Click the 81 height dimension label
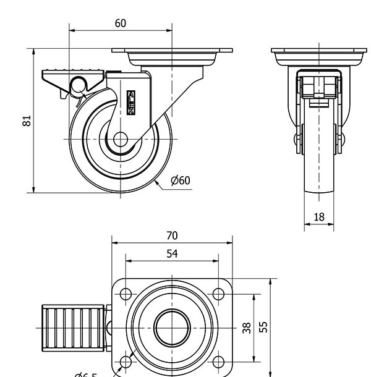27,121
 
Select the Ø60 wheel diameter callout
180,180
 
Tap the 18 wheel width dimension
319,218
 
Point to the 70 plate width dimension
172,235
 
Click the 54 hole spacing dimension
172,253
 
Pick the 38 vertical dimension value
246,328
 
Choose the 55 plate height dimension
263,326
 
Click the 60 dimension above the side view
121,23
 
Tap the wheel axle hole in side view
120,140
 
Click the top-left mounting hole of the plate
126,293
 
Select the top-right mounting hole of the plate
218,293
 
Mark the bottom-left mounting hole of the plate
126,361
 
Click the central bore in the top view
171,327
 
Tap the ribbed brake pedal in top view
74,327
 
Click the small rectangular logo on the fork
131,103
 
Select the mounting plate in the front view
319,56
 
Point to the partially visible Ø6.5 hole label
87,373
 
